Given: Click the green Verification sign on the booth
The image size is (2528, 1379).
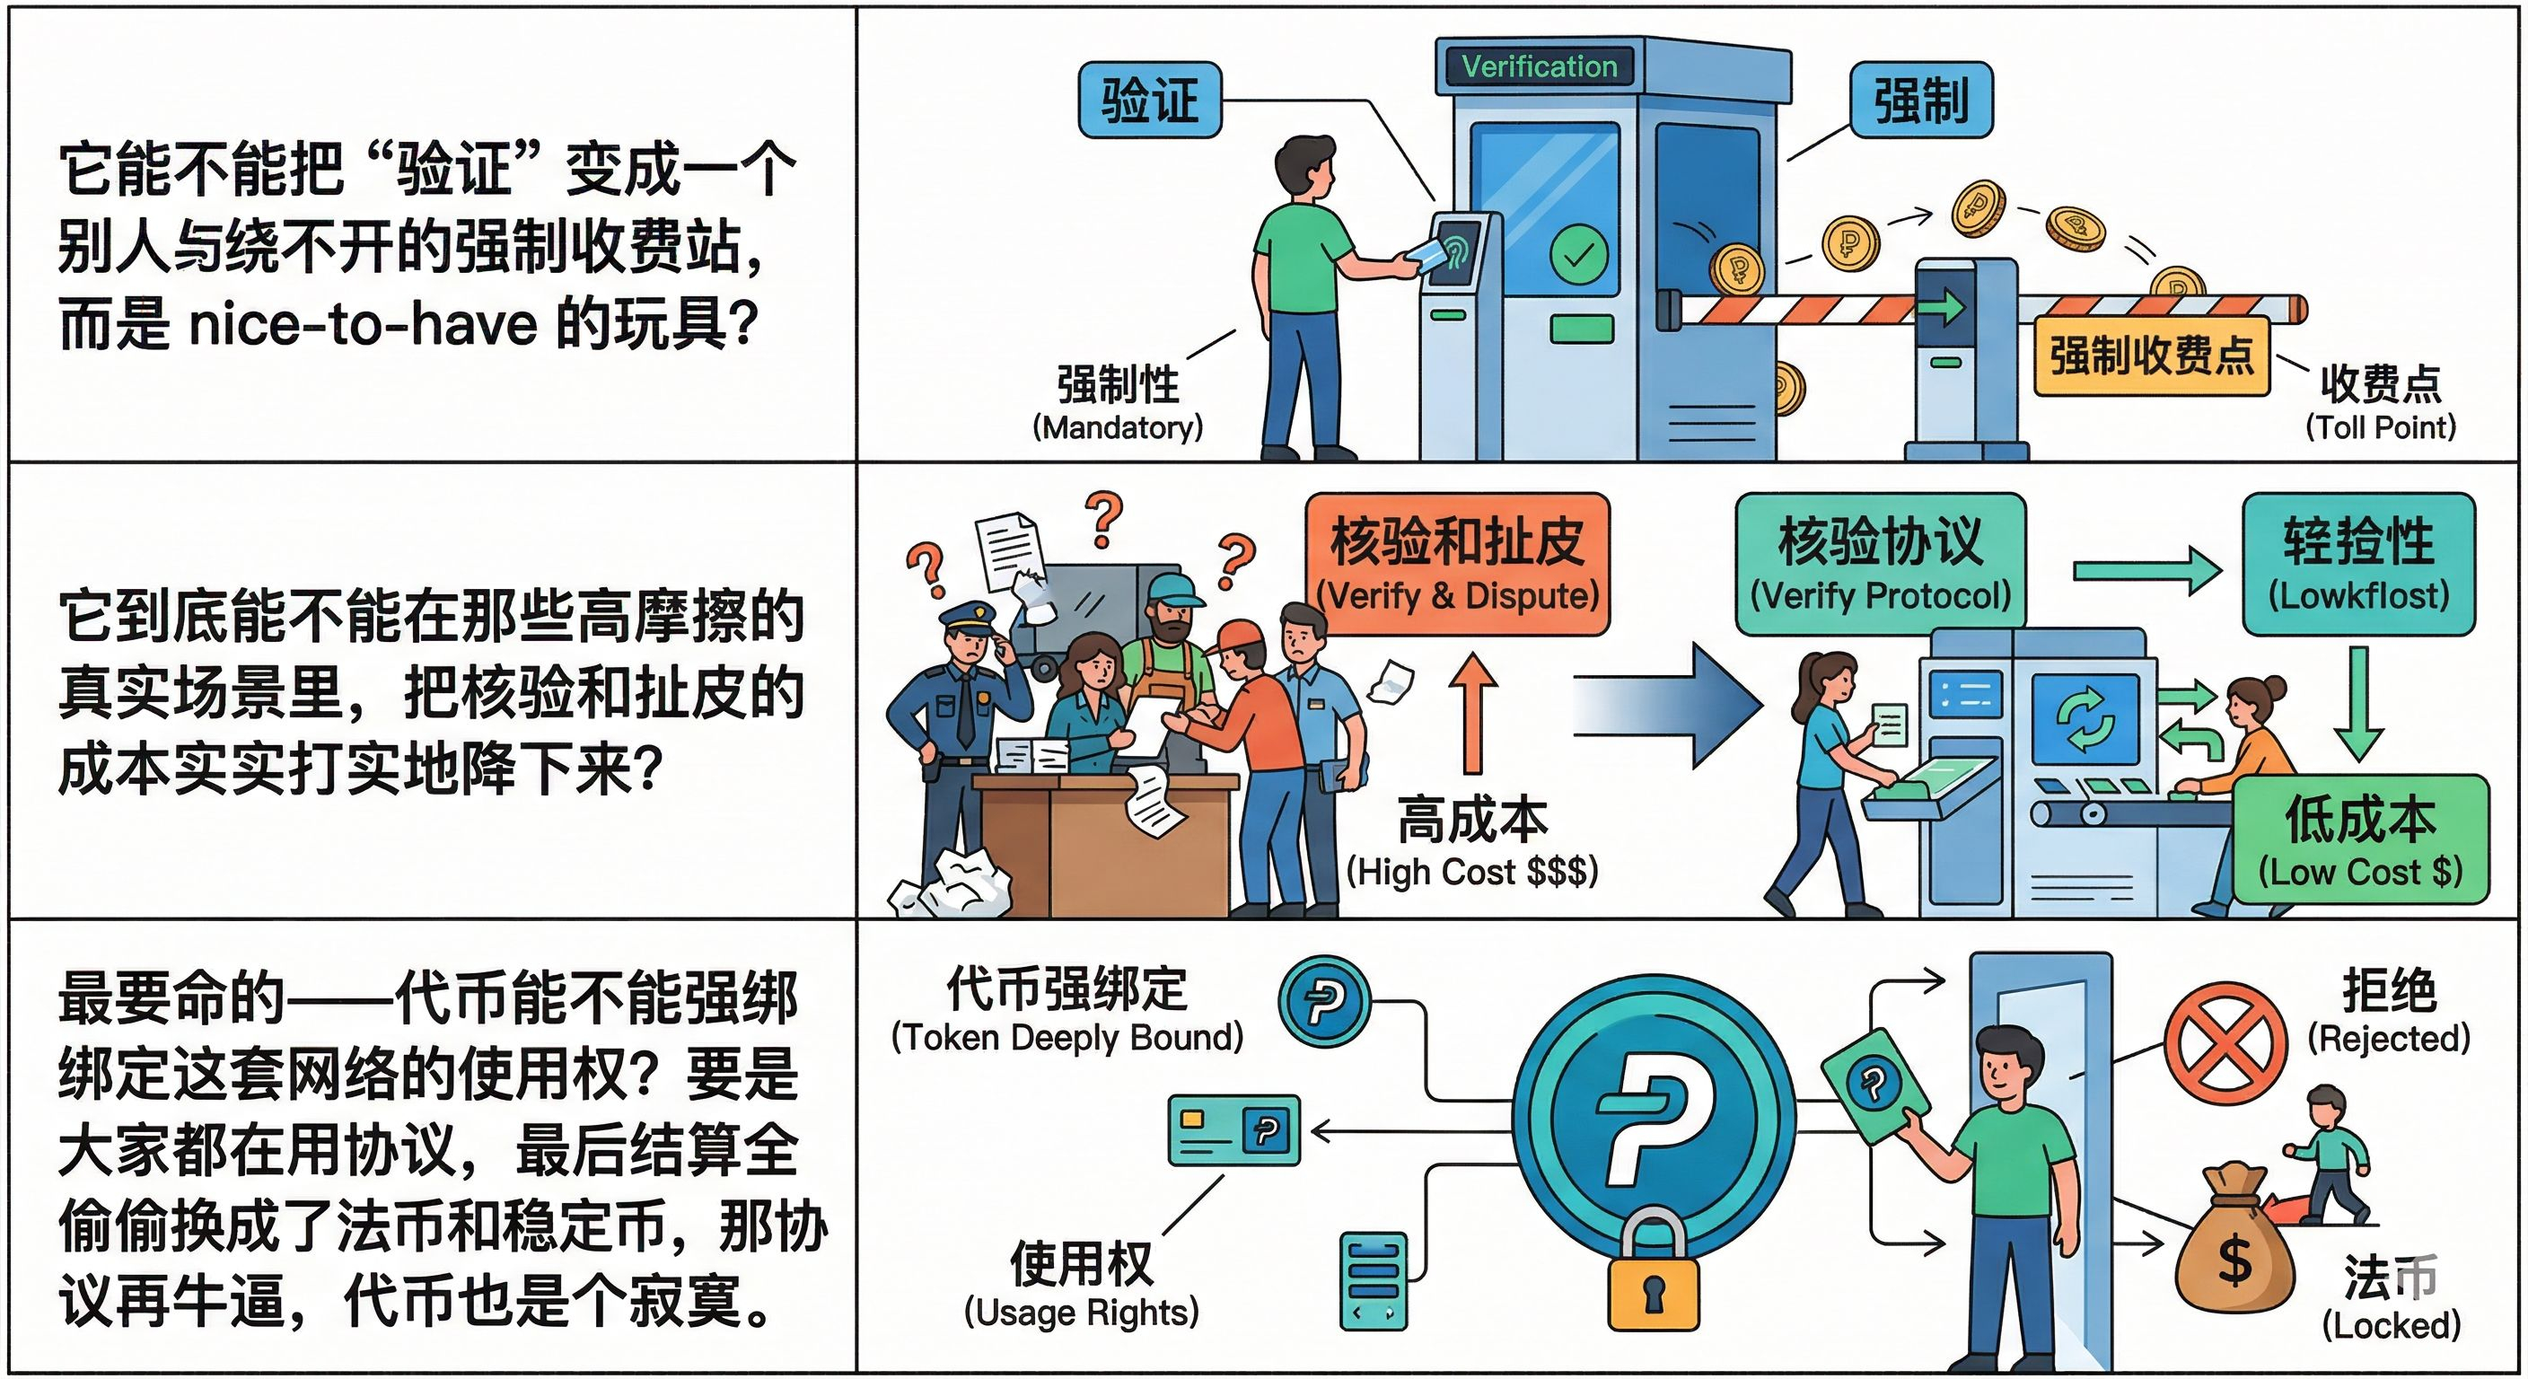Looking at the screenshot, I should pos(1539,66).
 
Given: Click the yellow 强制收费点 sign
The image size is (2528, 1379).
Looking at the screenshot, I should pos(2151,356).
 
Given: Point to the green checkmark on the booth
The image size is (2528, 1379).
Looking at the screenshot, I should pos(1578,254).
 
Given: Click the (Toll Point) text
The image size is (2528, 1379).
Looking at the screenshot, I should pos(2380,427).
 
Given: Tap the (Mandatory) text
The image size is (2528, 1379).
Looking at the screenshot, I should pos(1117,427).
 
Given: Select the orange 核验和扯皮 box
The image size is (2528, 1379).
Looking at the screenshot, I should pos(1457,565).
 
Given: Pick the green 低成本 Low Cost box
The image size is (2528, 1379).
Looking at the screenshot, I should pos(2360,840).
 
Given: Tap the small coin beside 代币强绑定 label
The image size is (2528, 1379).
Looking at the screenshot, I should pos(1324,1003).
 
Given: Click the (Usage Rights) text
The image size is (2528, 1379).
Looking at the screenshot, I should pos(1082,1313).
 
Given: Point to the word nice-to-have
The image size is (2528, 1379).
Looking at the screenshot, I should pos(362,324).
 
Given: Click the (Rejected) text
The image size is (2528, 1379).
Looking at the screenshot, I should pos(2389,1039).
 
